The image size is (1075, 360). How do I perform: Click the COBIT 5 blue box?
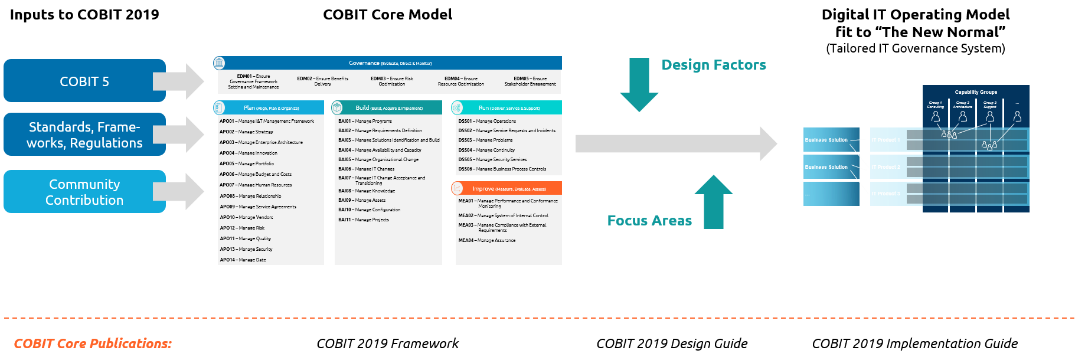click(x=84, y=81)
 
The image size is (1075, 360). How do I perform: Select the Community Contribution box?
click(x=84, y=192)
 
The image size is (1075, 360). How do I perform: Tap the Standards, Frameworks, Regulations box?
click(x=84, y=135)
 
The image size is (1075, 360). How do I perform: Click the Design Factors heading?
click(x=714, y=65)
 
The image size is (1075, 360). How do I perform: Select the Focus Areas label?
click(x=649, y=221)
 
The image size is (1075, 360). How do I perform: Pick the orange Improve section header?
click(x=509, y=189)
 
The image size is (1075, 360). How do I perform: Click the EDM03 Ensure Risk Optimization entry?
click(x=392, y=81)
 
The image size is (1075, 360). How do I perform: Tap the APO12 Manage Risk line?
click(x=242, y=228)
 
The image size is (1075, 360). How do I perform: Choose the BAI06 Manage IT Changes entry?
click(x=366, y=169)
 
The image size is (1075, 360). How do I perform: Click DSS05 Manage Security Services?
click(x=492, y=159)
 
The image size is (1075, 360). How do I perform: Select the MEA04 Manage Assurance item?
click(x=486, y=240)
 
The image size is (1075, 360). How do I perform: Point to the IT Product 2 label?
click(x=886, y=167)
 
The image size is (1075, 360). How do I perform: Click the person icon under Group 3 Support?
click(x=990, y=117)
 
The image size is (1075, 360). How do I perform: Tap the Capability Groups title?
click(x=976, y=92)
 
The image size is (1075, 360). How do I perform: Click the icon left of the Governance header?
click(x=219, y=63)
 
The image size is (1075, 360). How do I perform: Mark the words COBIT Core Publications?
click(x=93, y=343)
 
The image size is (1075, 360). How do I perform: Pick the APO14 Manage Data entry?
click(x=243, y=260)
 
